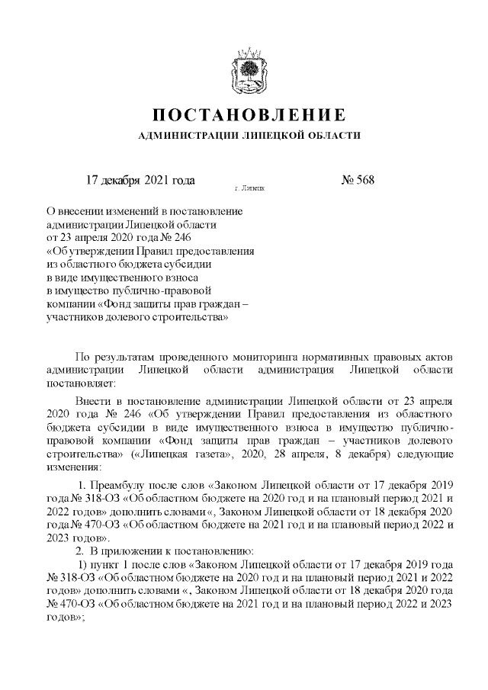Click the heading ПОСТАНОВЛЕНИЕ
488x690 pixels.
244,116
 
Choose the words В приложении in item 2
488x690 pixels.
124,551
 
